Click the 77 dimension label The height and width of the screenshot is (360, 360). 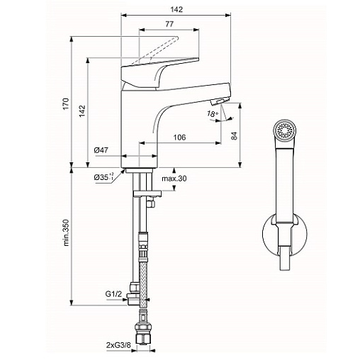169,24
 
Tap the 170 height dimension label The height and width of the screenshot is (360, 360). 66,103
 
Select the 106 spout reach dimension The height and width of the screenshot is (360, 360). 180,137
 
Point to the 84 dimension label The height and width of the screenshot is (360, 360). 234,135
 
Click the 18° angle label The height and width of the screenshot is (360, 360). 213,114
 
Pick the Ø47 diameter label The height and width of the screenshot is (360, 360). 101,150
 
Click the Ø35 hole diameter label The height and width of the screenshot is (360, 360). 103,177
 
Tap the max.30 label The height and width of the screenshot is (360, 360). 174,179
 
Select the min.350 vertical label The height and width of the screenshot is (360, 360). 66,232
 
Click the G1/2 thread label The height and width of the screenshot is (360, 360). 113,294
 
